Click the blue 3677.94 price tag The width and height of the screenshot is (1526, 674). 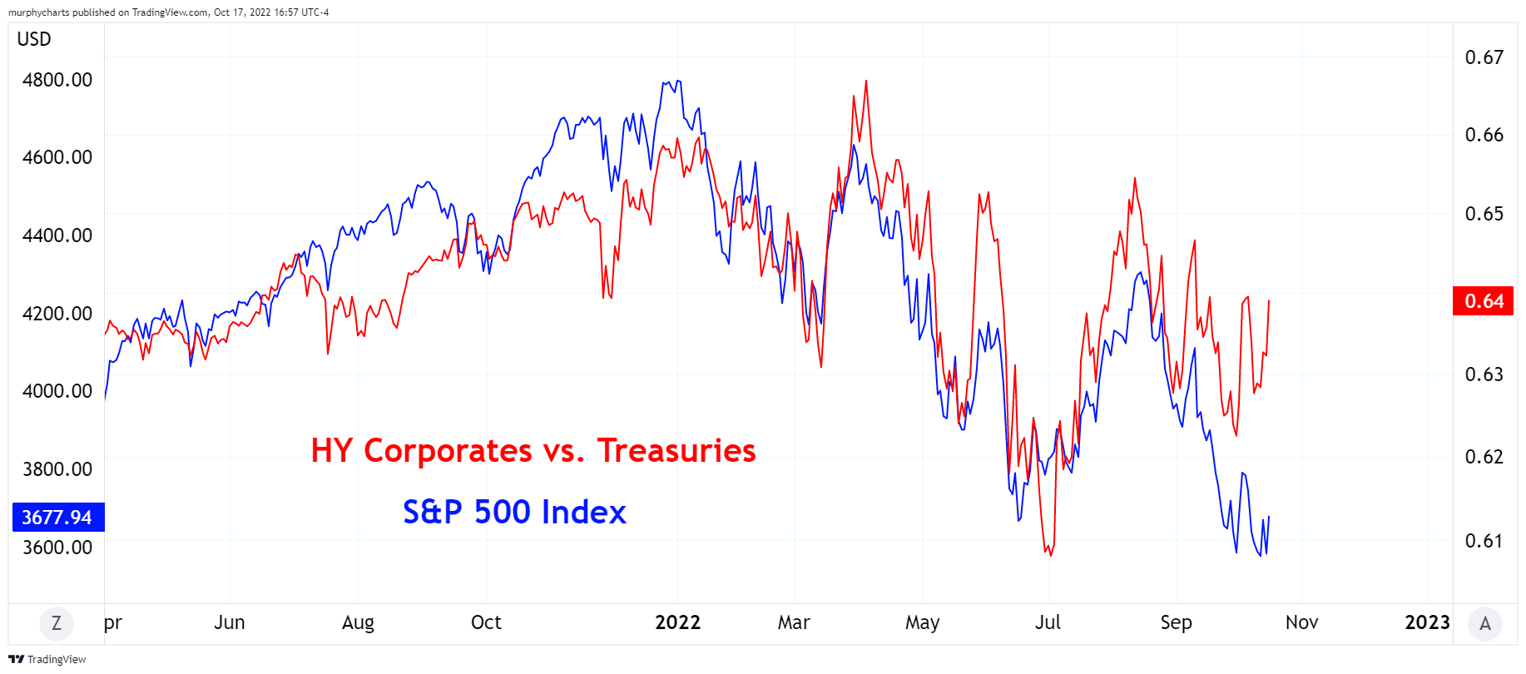[x=57, y=518]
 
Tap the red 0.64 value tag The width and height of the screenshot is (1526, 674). [x=1484, y=301]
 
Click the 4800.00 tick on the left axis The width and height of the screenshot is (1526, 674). [x=57, y=80]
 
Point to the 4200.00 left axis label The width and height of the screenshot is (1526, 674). [x=57, y=314]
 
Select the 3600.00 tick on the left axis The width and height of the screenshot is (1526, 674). [x=57, y=548]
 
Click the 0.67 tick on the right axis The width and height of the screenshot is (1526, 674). [x=1484, y=57]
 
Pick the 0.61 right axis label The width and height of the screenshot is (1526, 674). [x=1484, y=541]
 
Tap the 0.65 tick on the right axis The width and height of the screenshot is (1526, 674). [x=1484, y=214]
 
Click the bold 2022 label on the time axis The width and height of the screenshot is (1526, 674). [x=677, y=622]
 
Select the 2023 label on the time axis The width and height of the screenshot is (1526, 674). [x=1427, y=622]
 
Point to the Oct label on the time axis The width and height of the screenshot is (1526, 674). [x=486, y=622]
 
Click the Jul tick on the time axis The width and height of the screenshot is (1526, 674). [x=1048, y=622]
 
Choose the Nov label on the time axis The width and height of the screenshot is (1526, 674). [x=1301, y=622]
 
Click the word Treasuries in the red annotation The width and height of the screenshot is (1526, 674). [x=676, y=451]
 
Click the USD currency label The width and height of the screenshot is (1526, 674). [x=34, y=39]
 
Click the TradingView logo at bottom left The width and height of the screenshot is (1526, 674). [x=47, y=659]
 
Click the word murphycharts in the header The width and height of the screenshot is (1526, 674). [x=38, y=12]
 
